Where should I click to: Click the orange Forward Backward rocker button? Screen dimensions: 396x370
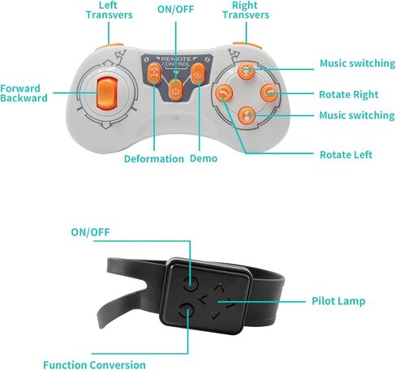click(x=107, y=93)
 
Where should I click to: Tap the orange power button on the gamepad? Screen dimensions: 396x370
click(x=176, y=90)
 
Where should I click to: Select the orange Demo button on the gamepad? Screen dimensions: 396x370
click(x=198, y=74)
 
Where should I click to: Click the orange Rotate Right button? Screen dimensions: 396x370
click(x=269, y=92)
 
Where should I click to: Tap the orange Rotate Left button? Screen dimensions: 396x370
click(x=224, y=93)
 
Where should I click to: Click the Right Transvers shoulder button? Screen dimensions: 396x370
click(x=247, y=45)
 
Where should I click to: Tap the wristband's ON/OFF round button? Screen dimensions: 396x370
click(x=190, y=283)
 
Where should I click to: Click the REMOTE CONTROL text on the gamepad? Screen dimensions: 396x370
click(x=176, y=62)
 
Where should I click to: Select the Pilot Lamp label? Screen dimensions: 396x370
click(x=338, y=301)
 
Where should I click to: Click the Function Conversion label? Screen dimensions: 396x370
click(x=94, y=364)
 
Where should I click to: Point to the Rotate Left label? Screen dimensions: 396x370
click(x=346, y=155)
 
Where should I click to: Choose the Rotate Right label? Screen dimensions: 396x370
click(x=349, y=95)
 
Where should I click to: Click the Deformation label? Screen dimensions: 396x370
click(x=154, y=159)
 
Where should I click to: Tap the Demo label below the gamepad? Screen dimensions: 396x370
click(x=204, y=158)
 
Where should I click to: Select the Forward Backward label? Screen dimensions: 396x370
click(x=24, y=93)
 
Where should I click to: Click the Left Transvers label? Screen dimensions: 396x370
click(x=110, y=11)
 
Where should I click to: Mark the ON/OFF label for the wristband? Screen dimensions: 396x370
click(x=90, y=232)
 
